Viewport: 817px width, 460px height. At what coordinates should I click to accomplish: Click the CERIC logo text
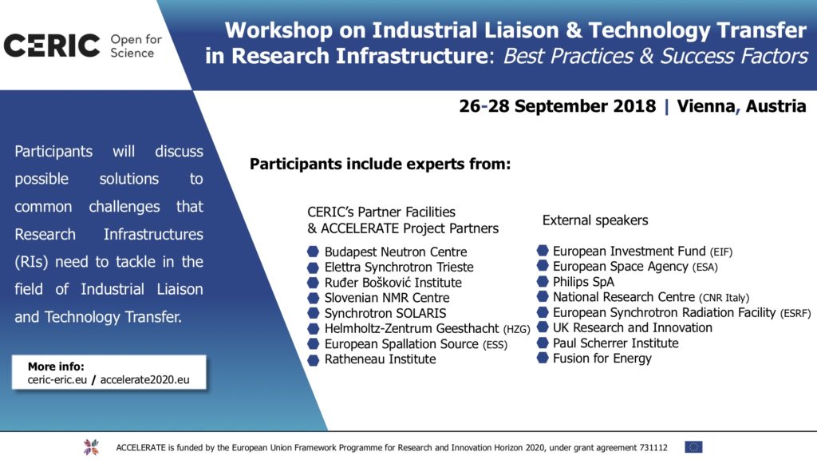tap(52, 46)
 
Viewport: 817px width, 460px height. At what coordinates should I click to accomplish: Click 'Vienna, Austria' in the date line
tap(741, 106)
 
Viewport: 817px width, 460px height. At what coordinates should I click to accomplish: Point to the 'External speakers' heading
tap(595, 220)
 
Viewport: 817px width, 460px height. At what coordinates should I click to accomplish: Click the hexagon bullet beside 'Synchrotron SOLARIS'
tap(313, 313)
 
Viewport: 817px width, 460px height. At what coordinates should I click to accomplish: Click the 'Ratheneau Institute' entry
tap(380, 359)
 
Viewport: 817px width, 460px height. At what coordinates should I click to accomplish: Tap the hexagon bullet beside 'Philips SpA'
tap(542, 282)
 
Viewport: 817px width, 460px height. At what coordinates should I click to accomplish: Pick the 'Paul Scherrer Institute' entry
tap(615, 343)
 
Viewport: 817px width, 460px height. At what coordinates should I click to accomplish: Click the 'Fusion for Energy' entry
tap(602, 359)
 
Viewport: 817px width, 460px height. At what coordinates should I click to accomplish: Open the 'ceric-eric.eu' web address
tap(57, 380)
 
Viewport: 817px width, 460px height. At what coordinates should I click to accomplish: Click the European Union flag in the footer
tap(693, 447)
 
